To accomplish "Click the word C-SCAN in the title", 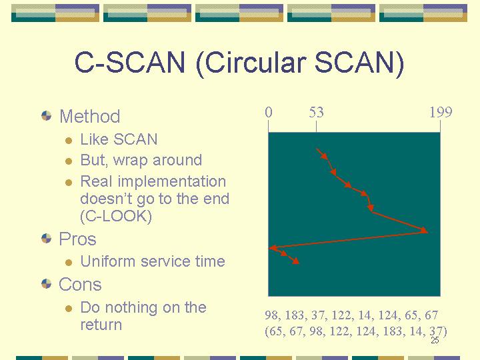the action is pyautogui.click(x=129, y=62).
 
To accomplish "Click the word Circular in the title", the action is pyautogui.click(x=256, y=62).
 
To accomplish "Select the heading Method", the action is pyautogui.click(x=90, y=116).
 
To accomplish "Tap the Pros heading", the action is pyautogui.click(x=77, y=239).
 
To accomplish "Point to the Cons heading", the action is pyautogui.click(x=80, y=285).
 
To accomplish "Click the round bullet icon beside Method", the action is pyautogui.click(x=46, y=116).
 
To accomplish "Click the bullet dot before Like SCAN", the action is pyautogui.click(x=69, y=141).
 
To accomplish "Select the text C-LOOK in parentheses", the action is pyautogui.click(x=116, y=216).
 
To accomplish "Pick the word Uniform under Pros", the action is pyautogui.click(x=108, y=261).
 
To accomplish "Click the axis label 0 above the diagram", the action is pyautogui.click(x=269, y=113).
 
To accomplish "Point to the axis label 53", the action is pyautogui.click(x=316, y=113).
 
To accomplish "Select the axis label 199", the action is pyautogui.click(x=441, y=113).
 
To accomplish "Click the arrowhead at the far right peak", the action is pyautogui.click(x=424, y=230).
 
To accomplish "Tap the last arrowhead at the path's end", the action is pyautogui.click(x=296, y=261).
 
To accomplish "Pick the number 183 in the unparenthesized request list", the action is pyautogui.click(x=295, y=315).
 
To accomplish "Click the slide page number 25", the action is pyautogui.click(x=435, y=340).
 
